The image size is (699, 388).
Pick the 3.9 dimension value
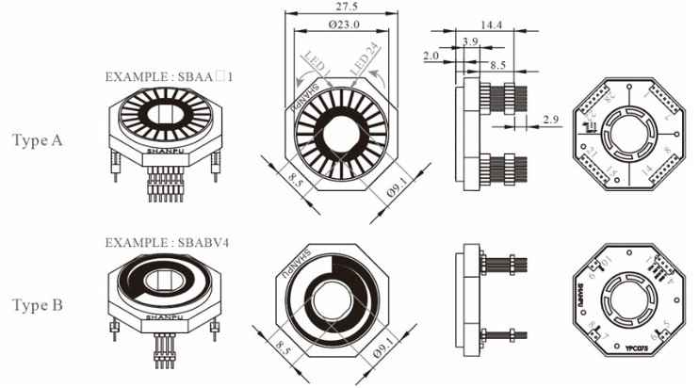tap(470, 41)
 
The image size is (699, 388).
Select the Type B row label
tap(37, 306)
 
